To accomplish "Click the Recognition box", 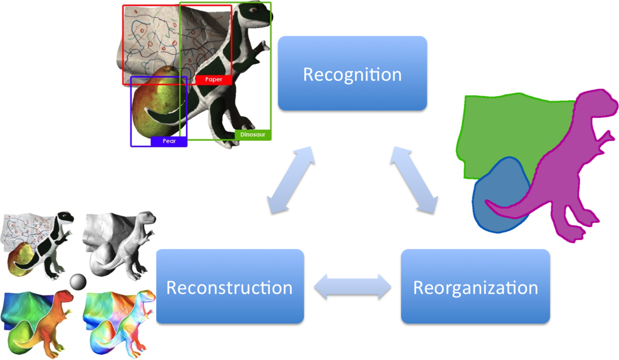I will pos(352,73).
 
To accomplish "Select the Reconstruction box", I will pos(230,286).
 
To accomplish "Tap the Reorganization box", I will pos(475,286).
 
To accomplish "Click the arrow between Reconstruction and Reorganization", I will pos(353,286).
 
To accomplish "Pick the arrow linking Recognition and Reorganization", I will pos(414,179).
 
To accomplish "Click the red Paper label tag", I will pos(213,79).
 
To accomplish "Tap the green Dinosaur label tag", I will pos(252,135).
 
